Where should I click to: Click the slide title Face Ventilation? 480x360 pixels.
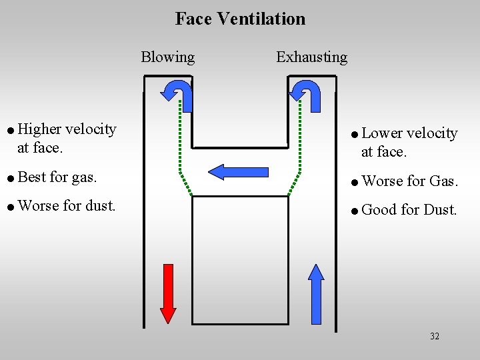[x=240, y=19]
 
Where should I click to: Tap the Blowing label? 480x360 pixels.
[x=167, y=57]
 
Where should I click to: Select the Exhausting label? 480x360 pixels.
[x=311, y=57]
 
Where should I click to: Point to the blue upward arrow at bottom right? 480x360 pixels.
[x=317, y=293]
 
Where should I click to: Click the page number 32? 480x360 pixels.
[x=435, y=336]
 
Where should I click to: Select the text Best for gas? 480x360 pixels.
[x=58, y=177]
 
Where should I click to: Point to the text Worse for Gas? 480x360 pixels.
[x=409, y=181]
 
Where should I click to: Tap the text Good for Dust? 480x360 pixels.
[x=409, y=210]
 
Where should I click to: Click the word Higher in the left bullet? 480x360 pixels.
[x=41, y=129]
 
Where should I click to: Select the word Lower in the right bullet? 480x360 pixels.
[x=382, y=133]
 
